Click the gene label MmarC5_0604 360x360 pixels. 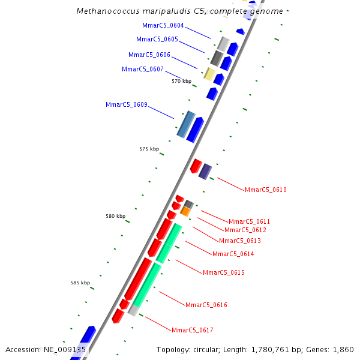point(163,26)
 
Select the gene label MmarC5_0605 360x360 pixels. point(157,40)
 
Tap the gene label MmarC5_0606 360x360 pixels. point(149,55)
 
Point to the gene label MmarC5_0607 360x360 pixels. point(143,69)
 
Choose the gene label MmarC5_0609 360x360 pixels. point(127,105)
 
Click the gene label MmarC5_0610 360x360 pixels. point(266,190)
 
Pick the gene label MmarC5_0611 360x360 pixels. point(249,222)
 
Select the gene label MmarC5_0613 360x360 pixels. point(240,241)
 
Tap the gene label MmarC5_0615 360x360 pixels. point(223,273)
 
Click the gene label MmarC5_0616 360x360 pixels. point(206,305)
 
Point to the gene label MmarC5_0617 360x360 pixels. point(193,331)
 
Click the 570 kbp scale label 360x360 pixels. point(181,81)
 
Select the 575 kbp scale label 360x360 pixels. point(149,149)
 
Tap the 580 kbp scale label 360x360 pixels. point(116,216)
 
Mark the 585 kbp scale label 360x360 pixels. point(80,283)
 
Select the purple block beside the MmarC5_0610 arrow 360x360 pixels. point(205,172)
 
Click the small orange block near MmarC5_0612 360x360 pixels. point(185,211)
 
